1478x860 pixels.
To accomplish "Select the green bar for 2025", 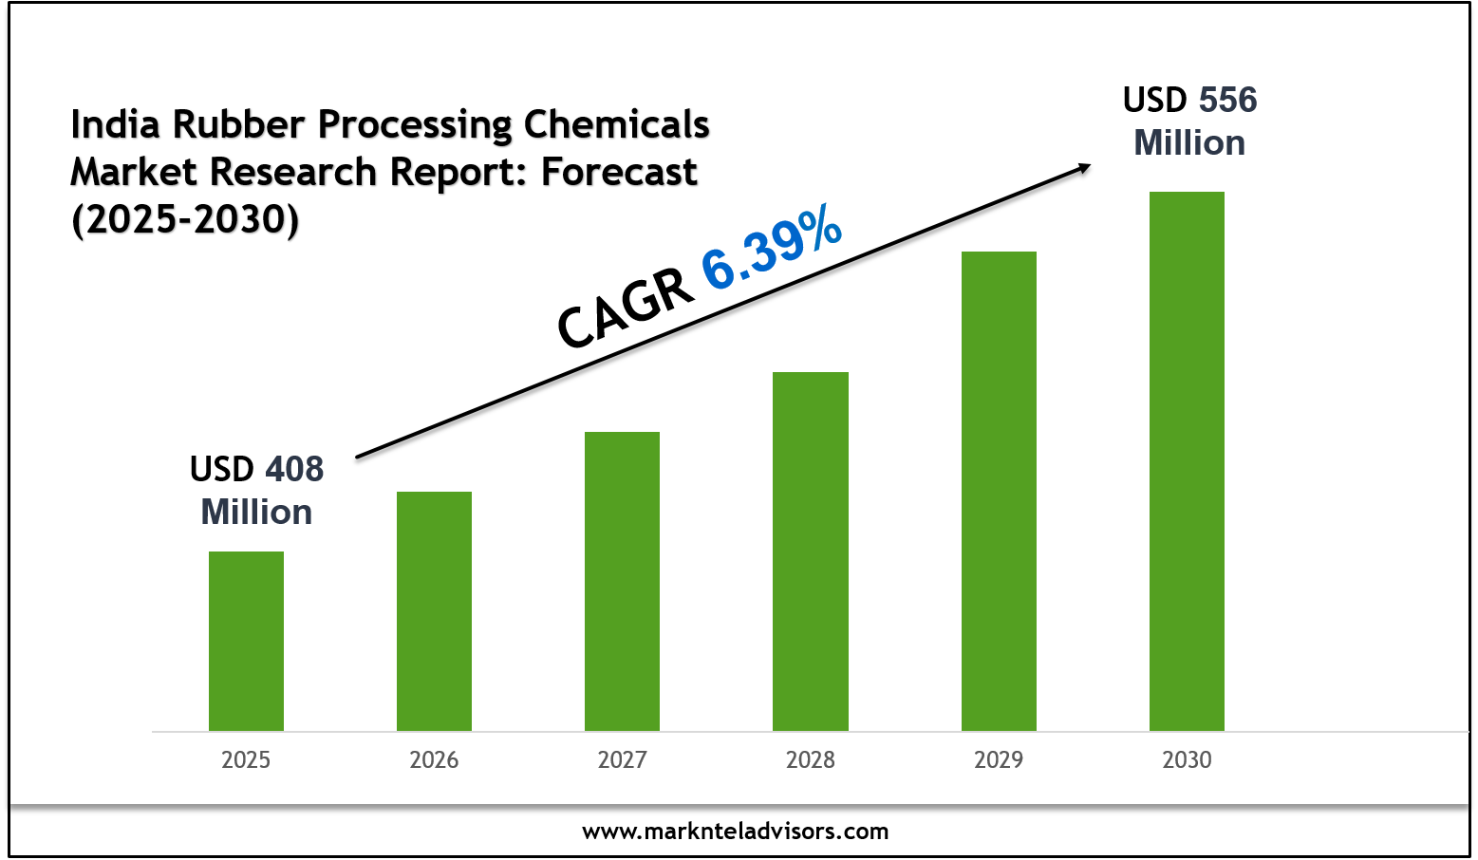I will (x=246, y=641).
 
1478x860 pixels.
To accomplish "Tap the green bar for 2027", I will (x=622, y=581).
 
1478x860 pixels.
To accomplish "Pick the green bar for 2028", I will (x=810, y=551).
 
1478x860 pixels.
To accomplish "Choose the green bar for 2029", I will (x=999, y=491).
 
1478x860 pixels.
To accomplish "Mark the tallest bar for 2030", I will (x=1187, y=460).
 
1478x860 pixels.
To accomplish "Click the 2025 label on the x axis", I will (x=246, y=759).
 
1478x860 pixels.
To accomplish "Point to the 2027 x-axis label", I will (x=622, y=759).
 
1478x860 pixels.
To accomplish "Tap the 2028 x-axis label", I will (x=810, y=759).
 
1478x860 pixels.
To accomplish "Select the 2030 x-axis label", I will (x=1187, y=759).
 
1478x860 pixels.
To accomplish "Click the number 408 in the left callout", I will (x=294, y=469).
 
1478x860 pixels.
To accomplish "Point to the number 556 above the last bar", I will (x=1227, y=100).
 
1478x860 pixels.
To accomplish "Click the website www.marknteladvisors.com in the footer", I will (x=736, y=832).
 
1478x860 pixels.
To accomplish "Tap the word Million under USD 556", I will (x=1189, y=143).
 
